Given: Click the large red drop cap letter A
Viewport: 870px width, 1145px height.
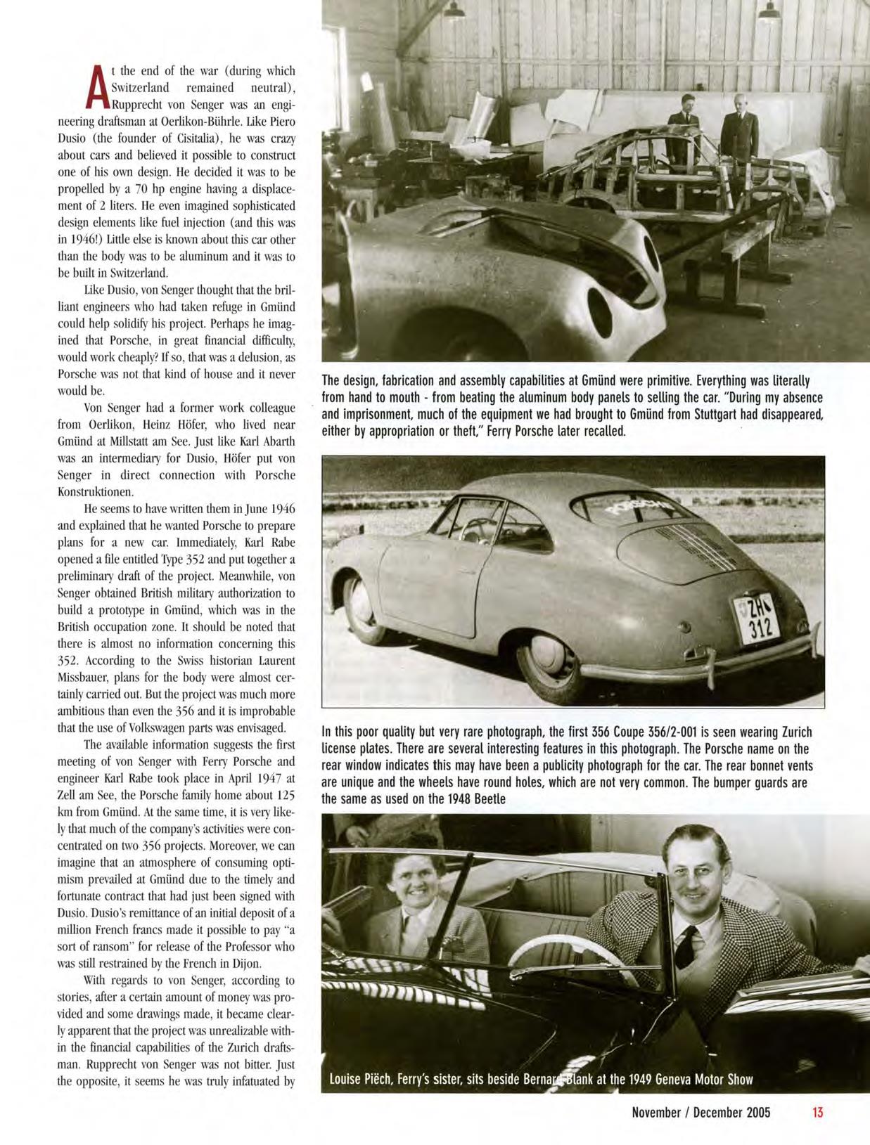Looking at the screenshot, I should pos(99,91).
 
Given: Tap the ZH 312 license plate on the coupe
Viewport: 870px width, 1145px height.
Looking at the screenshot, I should pos(753,618).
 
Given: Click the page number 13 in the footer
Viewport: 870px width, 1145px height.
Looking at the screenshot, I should pos(817,1113).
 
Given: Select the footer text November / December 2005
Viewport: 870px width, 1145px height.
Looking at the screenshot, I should pos(701,1113).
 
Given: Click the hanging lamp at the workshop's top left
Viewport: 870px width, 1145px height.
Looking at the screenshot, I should pos(454,10).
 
